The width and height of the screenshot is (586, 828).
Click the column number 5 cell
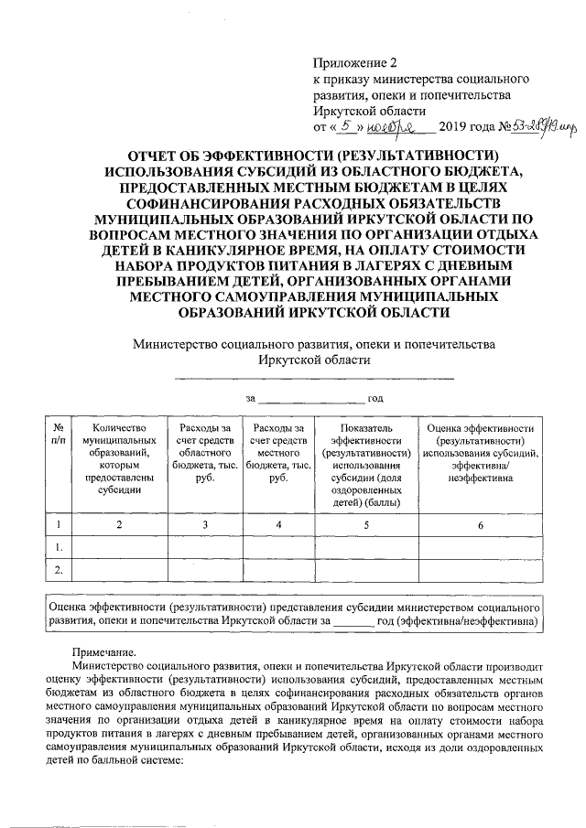point(365,524)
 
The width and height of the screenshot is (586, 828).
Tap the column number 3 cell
point(205,524)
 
